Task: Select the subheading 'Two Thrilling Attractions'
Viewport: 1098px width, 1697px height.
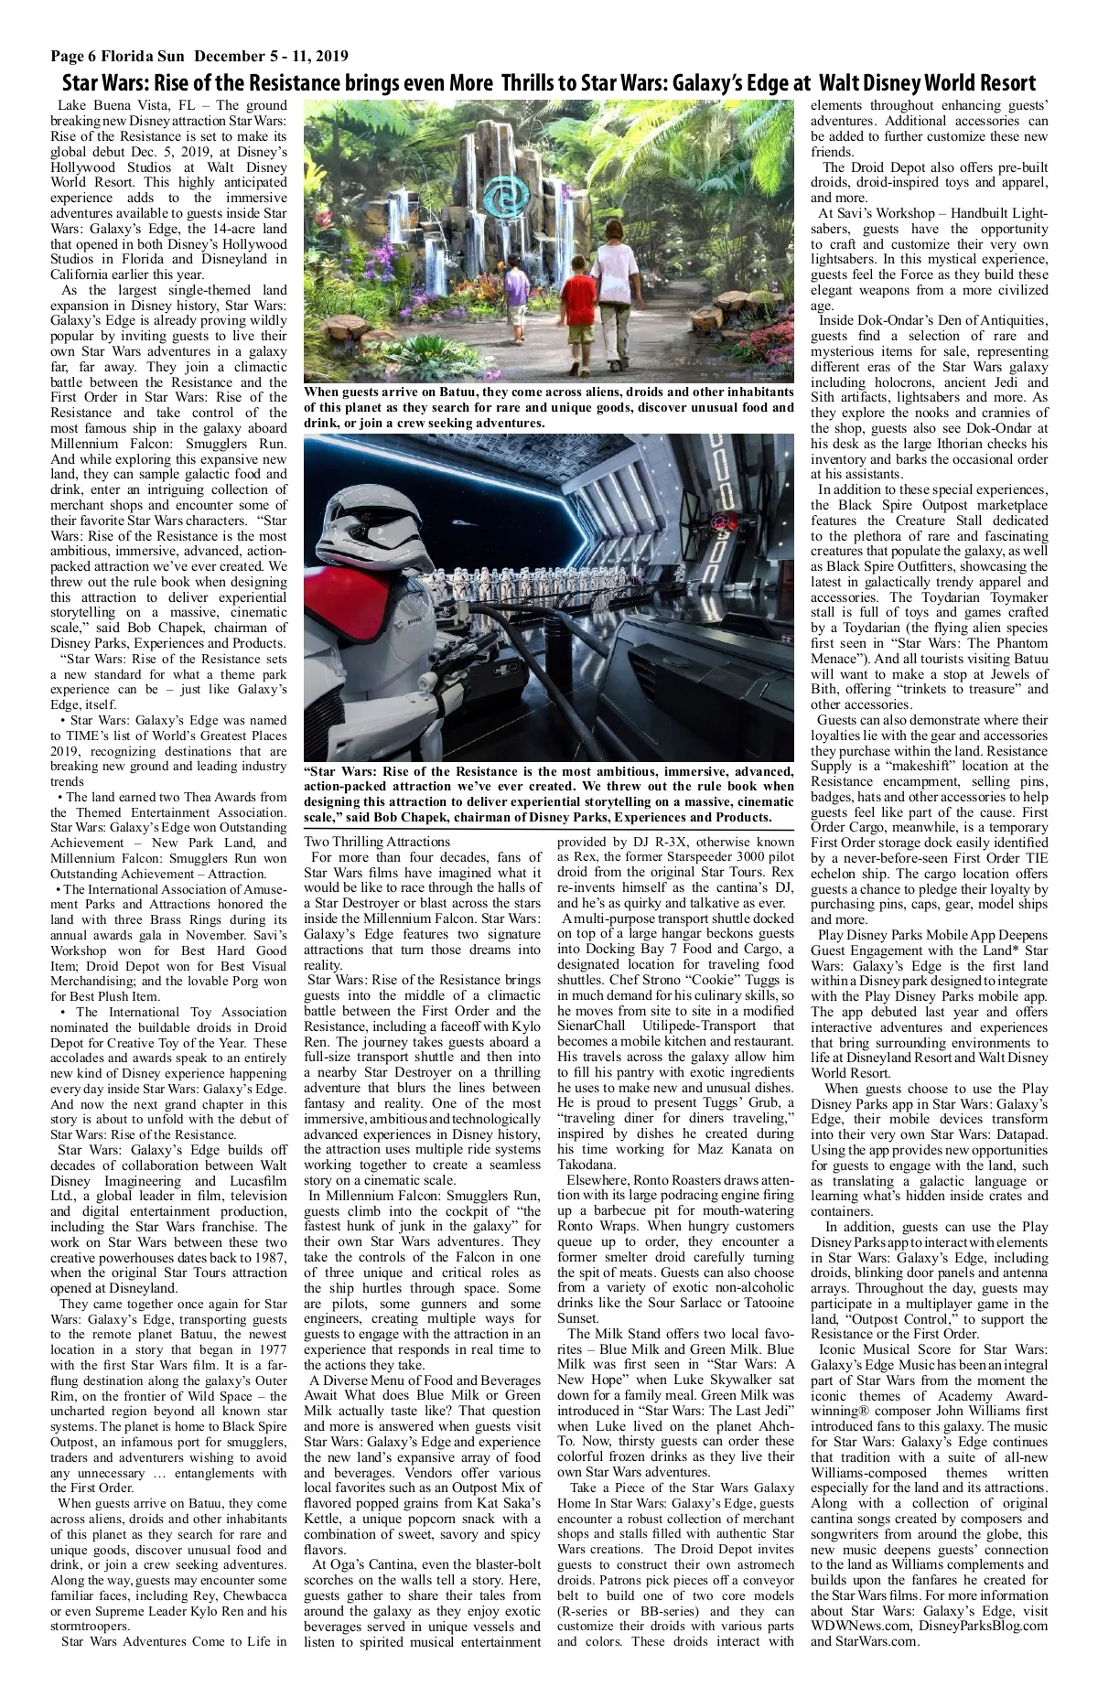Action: (x=377, y=842)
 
